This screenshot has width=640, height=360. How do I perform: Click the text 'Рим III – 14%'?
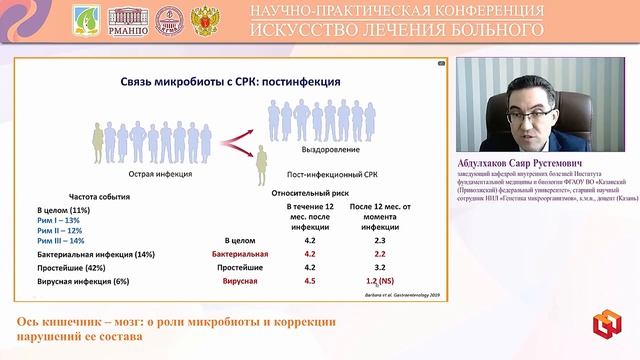point(62,240)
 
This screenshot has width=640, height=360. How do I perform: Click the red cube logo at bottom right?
point(604,326)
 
